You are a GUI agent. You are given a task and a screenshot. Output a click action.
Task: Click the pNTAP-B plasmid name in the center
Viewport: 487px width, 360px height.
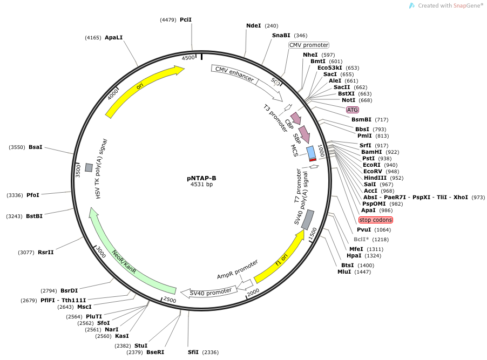pos(201,178)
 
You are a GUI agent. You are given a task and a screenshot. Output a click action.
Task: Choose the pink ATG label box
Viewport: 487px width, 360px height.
pos(352,110)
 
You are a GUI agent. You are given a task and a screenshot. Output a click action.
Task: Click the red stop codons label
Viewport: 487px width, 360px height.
pos(375,220)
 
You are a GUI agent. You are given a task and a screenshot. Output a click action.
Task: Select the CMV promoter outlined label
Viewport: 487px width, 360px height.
pos(309,45)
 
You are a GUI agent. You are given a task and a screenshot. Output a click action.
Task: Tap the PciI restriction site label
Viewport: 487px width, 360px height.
pos(186,19)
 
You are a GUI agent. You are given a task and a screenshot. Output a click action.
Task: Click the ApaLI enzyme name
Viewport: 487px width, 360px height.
pos(114,38)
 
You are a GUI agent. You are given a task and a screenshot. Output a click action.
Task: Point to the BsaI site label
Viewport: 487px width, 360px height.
pos(36,147)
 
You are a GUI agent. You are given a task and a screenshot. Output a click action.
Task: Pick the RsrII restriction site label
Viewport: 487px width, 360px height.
pos(46,252)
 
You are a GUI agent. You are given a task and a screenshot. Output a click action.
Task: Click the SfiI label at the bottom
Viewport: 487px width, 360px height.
pos(193,352)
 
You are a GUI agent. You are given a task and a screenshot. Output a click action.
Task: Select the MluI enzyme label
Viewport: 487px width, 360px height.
pos(344,272)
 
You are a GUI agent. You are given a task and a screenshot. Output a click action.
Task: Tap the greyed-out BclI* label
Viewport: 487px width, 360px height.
pos(361,240)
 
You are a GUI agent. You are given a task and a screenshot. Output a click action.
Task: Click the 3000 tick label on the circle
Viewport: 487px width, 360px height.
pos(100,252)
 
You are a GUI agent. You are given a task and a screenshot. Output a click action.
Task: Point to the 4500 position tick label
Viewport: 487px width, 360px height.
pos(188,58)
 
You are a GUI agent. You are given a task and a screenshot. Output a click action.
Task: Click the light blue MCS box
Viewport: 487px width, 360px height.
pos(311,152)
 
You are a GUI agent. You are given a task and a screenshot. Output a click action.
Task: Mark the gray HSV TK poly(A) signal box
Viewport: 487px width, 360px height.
pos(89,168)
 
